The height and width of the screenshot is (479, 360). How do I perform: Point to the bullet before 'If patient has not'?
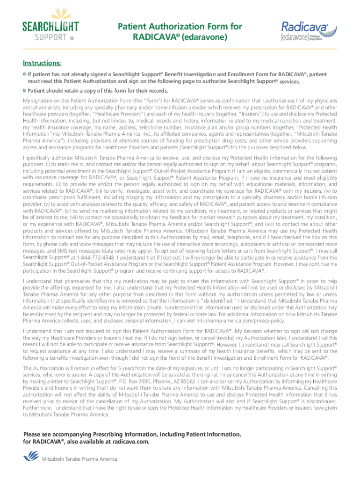(25, 74)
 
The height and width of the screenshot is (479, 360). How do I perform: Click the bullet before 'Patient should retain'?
(25, 90)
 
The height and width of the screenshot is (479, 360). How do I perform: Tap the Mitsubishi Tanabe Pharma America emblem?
(31, 457)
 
